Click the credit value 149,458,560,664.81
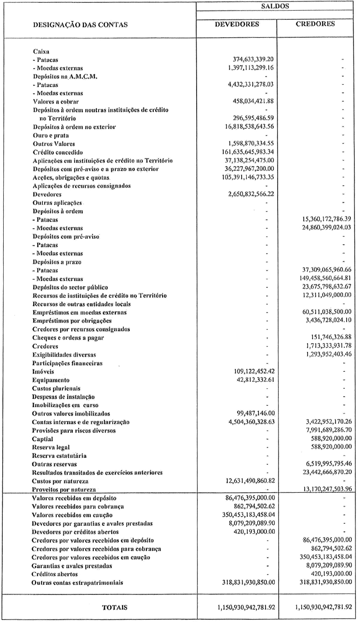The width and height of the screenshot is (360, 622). click(321, 278)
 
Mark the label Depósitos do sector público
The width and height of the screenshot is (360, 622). click(70, 286)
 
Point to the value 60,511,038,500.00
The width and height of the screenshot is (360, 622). click(321, 312)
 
